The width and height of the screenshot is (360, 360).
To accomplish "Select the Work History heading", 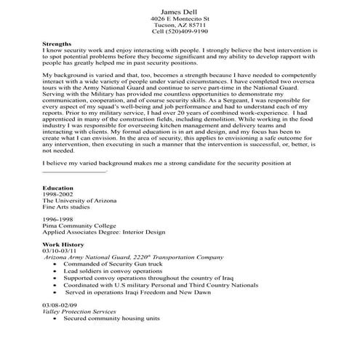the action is click(x=63, y=245).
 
